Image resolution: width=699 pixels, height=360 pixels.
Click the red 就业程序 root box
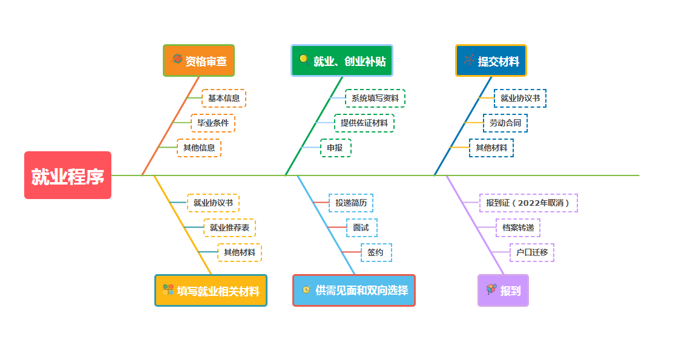(68, 175)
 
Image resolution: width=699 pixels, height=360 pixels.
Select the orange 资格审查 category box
(199, 61)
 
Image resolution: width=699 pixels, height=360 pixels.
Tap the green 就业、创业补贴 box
(342, 61)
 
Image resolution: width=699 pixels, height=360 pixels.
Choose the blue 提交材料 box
(491, 61)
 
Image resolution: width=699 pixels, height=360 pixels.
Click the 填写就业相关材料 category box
(211, 290)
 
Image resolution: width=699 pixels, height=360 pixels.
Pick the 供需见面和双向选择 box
(354, 290)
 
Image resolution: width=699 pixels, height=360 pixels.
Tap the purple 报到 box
(503, 290)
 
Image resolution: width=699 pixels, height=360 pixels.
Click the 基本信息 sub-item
(224, 98)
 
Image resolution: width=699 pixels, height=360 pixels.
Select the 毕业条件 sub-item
(213, 123)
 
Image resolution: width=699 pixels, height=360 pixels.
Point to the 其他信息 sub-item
(199, 148)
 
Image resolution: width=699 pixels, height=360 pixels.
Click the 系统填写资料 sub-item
(375, 98)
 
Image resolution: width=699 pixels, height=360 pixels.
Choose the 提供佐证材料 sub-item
(364, 123)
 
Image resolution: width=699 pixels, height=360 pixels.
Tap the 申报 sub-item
(335, 148)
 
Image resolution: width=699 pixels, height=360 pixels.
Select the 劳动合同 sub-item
(505, 123)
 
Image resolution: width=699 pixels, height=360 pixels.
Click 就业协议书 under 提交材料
(520, 98)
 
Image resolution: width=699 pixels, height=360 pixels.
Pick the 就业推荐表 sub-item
(229, 227)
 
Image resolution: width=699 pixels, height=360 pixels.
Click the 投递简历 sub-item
(351, 203)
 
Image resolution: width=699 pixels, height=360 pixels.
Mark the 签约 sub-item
(376, 252)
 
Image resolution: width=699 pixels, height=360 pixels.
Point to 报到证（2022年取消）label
(528, 203)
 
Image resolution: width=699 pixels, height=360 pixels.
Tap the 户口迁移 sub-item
(532, 252)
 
